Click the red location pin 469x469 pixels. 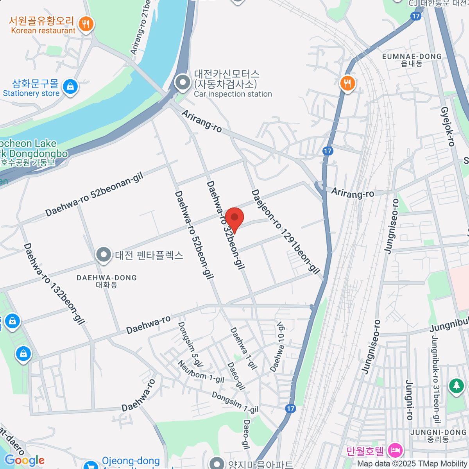tap(234, 219)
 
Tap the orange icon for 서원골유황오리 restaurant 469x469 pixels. tap(86, 24)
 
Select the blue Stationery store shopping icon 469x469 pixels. tap(70, 87)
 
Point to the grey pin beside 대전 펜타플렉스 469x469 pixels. tap(104, 255)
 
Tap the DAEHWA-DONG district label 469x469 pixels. tap(107, 281)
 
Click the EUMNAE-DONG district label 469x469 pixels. tap(412, 59)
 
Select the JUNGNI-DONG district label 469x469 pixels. tap(439, 435)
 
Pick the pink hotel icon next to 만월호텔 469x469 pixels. tap(395, 451)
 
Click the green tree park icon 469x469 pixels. tap(456, 386)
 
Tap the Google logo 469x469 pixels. tap(25, 460)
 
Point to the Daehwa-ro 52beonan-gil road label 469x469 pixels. tap(95, 195)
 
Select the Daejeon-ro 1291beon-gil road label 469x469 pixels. tap(286, 232)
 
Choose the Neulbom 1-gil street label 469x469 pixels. tap(201, 372)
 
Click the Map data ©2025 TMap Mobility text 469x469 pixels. tap(412, 464)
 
